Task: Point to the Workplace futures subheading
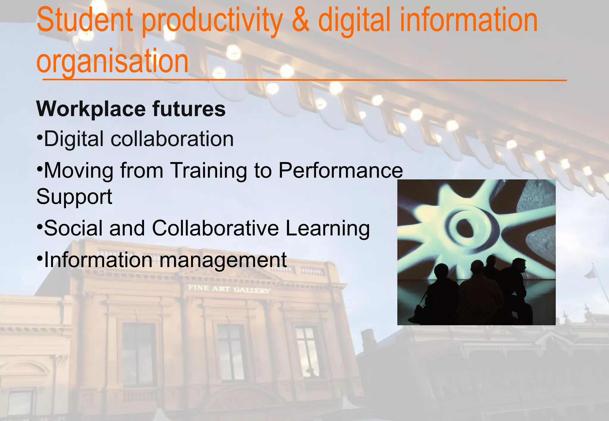point(131,109)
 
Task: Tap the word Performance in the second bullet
point(340,170)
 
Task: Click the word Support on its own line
point(74,197)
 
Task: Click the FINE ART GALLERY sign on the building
point(229,289)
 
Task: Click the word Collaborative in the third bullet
point(215,228)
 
